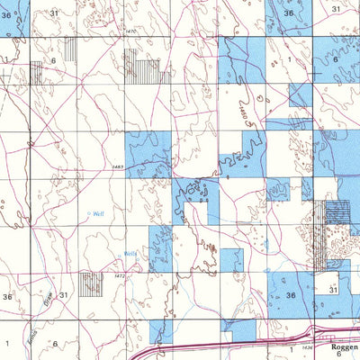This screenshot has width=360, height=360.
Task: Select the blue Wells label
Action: tap(130, 254)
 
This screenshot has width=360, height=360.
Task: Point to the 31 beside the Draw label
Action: tap(64, 295)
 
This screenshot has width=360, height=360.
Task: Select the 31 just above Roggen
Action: tap(333, 291)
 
